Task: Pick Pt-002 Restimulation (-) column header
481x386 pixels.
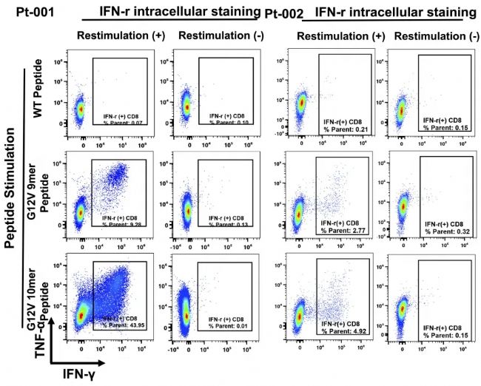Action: pyautogui.click(x=432, y=35)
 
